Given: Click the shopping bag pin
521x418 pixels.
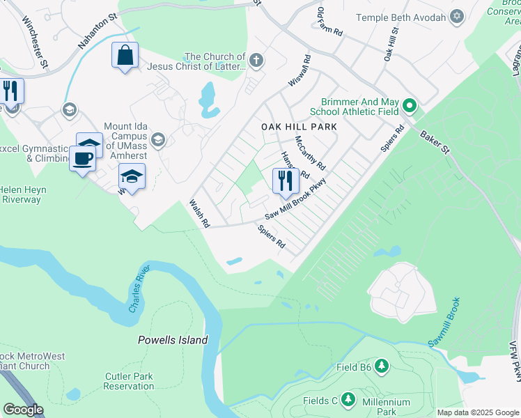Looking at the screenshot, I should click(125, 56).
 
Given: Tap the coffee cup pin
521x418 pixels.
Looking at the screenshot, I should click(82, 158).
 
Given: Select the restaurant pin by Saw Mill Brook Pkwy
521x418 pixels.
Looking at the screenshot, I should click(286, 181).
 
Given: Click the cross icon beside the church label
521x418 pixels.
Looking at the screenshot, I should click(256, 61).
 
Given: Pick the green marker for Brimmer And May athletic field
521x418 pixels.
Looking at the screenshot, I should click(410, 107).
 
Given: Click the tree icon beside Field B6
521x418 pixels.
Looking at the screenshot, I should click(381, 366).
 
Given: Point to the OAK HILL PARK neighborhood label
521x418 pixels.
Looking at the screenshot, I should click(299, 127).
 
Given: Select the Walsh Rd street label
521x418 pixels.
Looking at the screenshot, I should click(199, 214).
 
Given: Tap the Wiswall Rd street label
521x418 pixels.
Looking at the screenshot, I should click(298, 72).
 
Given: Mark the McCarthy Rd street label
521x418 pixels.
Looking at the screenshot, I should click(310, 153).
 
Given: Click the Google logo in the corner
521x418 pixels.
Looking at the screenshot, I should click(23, 410).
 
